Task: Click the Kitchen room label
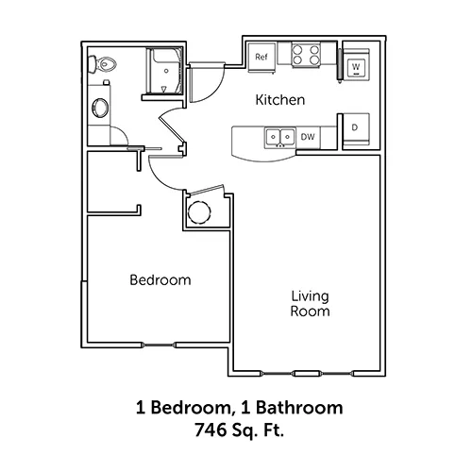tap(280, 100)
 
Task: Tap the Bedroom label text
tap(160, 280)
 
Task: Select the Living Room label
tap(310, 304)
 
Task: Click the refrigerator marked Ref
tap(261, 58)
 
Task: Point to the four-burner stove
tap(306, 55)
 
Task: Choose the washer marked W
tap(356, 65)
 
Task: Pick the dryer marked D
tap(356, 129)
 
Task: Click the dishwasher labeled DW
tap(308, 137)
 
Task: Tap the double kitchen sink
tap(280, 137)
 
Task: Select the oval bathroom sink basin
tap(100, 108)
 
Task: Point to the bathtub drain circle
tap(166, 71)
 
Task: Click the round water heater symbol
tap(199, 212)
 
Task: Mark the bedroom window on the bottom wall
tap(159, 346)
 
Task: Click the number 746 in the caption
tap(210, 430)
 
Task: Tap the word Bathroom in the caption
tap(299, 408)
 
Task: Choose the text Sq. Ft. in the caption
tap(258, 430)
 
